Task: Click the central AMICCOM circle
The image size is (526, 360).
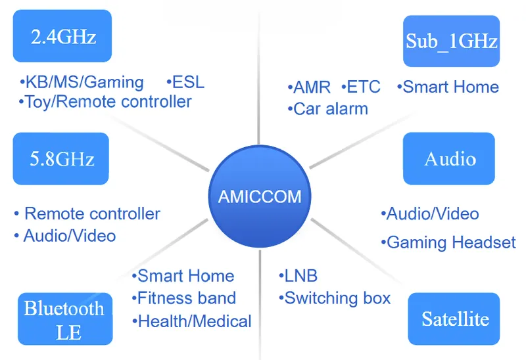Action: coord(260,196)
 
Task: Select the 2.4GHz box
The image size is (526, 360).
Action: coord(62,36)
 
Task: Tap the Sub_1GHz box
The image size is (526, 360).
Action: coord(452,41)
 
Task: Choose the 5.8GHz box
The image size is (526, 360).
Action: coord(61,158)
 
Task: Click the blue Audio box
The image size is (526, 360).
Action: coord(449,158)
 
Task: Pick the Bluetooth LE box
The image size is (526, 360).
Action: coord(65,319)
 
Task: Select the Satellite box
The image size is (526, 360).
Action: coord(454,319)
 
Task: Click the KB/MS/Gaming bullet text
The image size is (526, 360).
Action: coord(82,83)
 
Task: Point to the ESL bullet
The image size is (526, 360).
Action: coord(185,82)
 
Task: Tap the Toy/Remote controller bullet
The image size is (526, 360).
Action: coord(105,102)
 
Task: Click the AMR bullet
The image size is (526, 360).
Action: coord(309,87)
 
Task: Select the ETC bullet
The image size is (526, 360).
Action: coord(361,87)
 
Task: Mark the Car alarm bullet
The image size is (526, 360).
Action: coord(327,109)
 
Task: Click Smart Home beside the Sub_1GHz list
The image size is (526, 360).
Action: coord(448,87)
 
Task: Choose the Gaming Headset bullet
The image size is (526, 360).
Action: coord(448,242)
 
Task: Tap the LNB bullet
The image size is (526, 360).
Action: coord(299,276)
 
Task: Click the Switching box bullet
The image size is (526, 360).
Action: coord(335,298)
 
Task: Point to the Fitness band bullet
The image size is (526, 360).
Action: coord(184,298)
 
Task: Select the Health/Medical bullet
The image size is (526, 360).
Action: coord(192,321)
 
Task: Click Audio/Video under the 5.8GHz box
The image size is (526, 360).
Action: coord(65,236)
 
